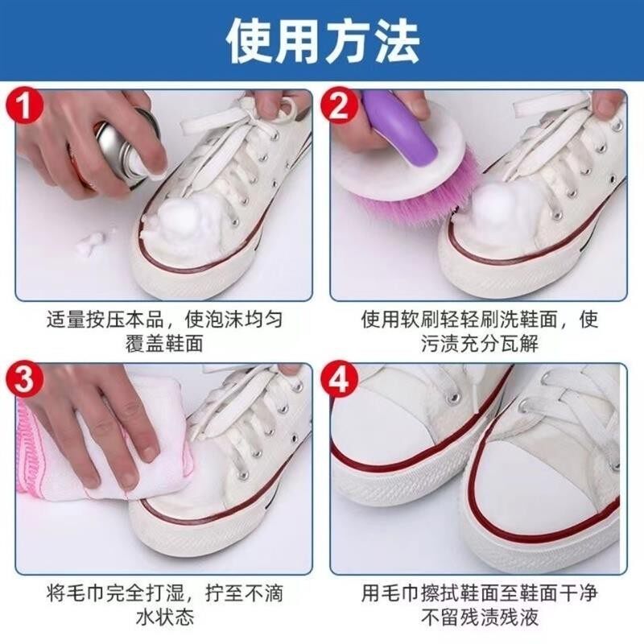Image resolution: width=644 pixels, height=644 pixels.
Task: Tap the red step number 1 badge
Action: [24, 105]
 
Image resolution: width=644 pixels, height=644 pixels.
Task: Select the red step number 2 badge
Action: [339, 106]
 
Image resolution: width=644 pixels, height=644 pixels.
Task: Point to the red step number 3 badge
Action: [24, 379]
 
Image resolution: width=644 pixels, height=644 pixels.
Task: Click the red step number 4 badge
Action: [339, 379]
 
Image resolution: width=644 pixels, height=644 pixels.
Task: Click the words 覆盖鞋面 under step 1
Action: [164, 344]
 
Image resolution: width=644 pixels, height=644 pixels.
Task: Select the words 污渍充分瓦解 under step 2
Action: [479, 344]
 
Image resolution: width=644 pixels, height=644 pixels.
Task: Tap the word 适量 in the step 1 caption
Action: [66, 319]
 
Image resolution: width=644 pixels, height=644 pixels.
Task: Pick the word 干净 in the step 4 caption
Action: [578, 593]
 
